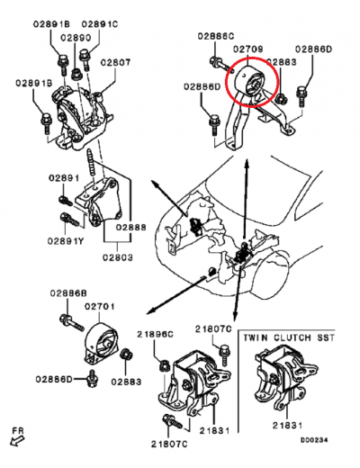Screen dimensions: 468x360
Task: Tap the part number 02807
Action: click(x=115, y=62)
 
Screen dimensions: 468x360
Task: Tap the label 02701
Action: click(x=101, y=307)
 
